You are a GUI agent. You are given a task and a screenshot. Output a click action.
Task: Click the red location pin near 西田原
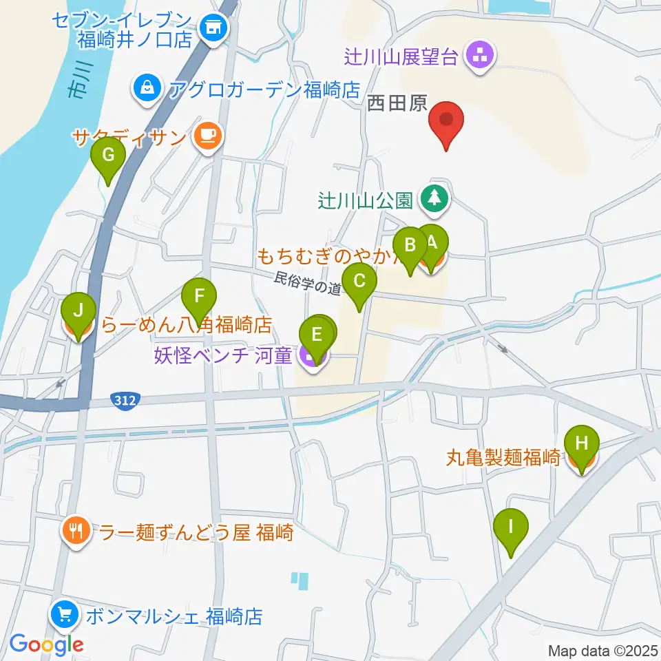point(446,121)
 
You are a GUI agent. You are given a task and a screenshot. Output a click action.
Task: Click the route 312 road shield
point(125,399)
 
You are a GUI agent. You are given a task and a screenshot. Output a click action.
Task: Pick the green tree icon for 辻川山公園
point(434,199)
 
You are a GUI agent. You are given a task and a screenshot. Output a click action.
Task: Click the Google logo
point(46,644)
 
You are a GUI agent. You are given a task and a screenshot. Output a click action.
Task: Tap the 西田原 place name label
point(397,104)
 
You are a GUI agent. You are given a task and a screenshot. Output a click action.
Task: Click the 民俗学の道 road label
point(308,284)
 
